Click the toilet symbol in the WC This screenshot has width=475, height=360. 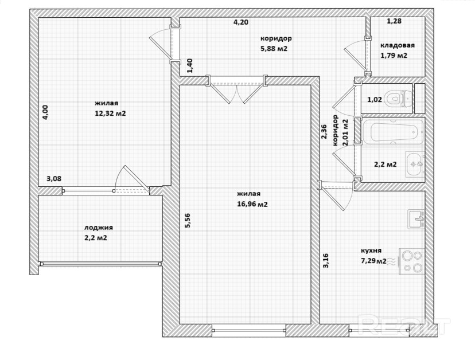[x=398, y=99]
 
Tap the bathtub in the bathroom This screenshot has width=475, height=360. [x=393, y=132]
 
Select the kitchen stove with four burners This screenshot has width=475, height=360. [x=412, y=261]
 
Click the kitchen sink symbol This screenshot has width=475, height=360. [x=416, y=219]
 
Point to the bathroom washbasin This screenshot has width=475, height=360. [x=415, y=165]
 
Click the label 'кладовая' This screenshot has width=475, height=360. [x=398, y=45]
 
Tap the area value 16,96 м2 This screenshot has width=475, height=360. [x=252, y=204]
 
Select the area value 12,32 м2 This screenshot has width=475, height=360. [x=110, y=114]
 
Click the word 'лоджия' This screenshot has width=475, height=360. [x=99, y=228]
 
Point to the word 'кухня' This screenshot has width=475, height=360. [x=371, y=251]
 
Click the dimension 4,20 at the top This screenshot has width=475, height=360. [x=241, y=22]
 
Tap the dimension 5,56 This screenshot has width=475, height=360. [x=188, y=221]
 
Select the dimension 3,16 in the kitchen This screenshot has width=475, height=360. [x=326, y=261]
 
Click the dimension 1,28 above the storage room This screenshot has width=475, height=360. [x=395, y=21]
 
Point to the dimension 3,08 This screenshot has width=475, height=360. [x=54, y=179]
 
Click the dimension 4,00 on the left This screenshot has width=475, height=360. [x=45, y=112]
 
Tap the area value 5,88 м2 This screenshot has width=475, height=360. [x=274, y=49]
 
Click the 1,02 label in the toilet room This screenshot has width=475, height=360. [x=375, y=99]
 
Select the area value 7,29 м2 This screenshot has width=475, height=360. [x=374, y=261]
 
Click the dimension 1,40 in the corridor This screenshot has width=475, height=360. [x=190, y=66]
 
